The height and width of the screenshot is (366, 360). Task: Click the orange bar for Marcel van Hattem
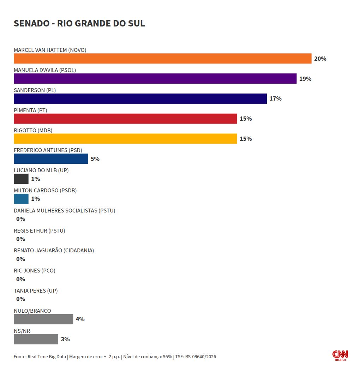coord(162,58)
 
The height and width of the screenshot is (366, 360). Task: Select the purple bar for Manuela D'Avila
coord(155,78)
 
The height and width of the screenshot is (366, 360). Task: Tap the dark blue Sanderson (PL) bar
coord(140,98)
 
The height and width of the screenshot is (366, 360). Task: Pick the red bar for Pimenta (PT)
coord(125,119)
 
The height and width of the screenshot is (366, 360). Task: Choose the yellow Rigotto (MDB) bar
coord(125,139)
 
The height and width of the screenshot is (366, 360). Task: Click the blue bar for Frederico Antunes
coord(51,159)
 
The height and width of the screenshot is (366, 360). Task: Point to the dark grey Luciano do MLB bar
coord(21,179)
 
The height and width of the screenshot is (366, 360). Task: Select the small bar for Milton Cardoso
coord(21,199)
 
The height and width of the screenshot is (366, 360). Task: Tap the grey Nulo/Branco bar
coord(43,319)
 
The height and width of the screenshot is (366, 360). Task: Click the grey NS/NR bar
coord(36,339)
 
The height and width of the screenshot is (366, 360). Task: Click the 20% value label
coord(320,59)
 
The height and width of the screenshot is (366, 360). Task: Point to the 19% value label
coord(305,79)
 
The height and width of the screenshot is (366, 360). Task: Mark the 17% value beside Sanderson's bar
coord(276,98)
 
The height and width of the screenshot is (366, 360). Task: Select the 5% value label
coord(95,159)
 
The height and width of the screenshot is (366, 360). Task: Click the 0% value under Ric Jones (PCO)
coord(20,279)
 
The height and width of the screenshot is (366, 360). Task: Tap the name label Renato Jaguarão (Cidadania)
coord(54,251)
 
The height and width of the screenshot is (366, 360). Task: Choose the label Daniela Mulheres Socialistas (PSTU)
coord(65,211)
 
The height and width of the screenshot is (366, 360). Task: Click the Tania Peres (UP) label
coord(36,290)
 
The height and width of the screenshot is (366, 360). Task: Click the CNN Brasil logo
coord(340,355)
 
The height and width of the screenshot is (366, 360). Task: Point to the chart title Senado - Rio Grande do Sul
coord(79,23)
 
